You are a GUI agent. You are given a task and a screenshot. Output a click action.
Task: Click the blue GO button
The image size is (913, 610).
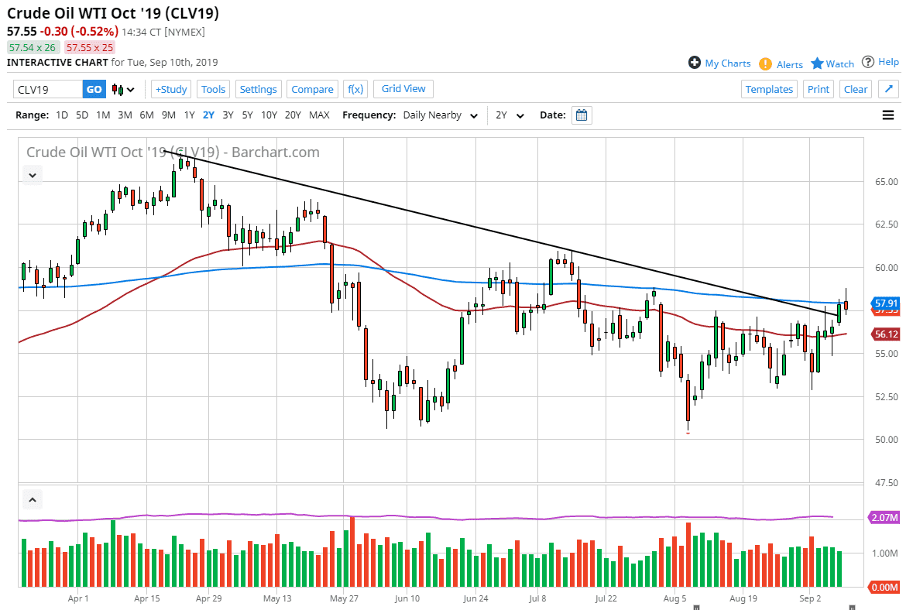coord(94,89)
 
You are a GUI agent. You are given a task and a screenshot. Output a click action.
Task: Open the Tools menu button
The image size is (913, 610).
coord(213,89)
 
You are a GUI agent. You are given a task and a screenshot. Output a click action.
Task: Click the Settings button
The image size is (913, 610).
coord(258,89)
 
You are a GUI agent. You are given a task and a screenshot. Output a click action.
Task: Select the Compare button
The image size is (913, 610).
coord(312,89)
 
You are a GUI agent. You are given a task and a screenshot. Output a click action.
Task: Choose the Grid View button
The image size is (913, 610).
coord(403,89)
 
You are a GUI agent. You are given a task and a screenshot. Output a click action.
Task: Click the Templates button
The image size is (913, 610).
coord(769,89)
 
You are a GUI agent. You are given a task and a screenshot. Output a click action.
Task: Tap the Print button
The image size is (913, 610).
coord(819,89)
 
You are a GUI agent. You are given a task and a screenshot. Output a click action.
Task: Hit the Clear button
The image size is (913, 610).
coord(856,89)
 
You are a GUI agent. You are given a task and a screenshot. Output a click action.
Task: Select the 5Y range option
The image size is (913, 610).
coord(247,115)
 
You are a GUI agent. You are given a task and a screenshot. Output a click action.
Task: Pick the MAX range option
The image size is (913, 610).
coord(319,115)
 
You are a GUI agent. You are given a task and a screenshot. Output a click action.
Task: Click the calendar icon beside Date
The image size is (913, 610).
coord(582,115)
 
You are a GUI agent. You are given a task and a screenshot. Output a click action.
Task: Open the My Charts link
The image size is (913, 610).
coord(719,63)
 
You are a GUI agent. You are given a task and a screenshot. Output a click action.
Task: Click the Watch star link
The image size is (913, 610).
coord(832,63)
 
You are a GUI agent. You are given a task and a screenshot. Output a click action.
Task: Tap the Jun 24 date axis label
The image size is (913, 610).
coord(475,598)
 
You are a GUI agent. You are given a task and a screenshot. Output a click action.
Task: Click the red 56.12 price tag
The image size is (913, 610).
coord(884,334)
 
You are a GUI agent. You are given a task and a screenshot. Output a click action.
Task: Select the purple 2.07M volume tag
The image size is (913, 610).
coord(884,517)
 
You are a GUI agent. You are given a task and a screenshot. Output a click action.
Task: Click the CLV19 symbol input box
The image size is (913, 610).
coord(48,89)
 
